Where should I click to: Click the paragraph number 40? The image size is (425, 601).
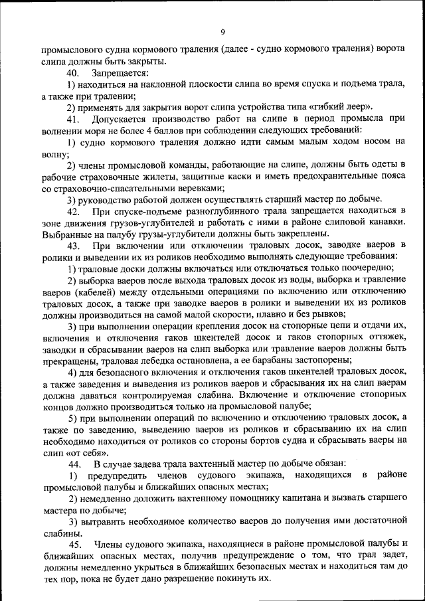(74, 72)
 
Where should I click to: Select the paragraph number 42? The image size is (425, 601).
(74, 211)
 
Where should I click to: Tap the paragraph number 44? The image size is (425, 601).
(74, 463)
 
